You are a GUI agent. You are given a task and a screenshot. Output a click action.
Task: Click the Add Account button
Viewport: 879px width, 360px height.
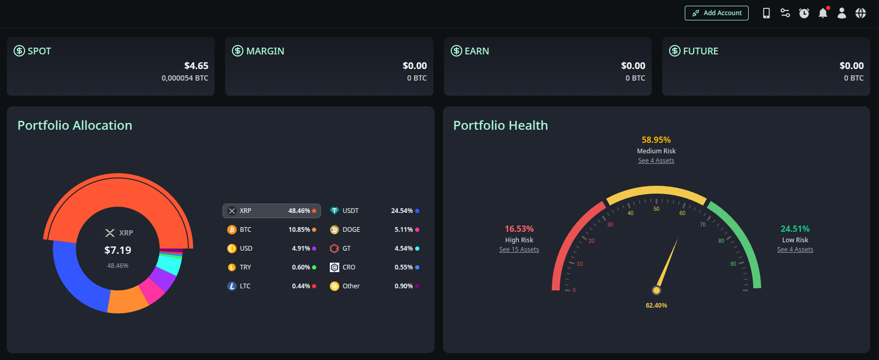pos(716,13)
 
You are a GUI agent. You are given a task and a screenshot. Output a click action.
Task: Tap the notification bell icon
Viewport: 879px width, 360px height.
pos(823,13)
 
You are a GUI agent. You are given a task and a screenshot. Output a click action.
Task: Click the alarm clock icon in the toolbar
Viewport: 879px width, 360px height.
pos(804,13)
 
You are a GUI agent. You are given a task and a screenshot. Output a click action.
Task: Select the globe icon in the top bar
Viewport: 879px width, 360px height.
pos(861,13)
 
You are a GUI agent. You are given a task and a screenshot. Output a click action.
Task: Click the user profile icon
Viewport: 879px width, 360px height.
pos(842,13)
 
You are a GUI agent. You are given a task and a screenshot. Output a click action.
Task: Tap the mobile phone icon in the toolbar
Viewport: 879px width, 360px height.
pos(766,13)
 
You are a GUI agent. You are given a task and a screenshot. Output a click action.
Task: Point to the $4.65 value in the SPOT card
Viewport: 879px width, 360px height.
pos(196,66)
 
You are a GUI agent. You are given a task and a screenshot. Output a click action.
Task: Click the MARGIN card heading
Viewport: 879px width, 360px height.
pos(265,51)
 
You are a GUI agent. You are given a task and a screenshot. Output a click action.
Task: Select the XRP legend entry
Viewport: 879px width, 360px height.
pos(271,211)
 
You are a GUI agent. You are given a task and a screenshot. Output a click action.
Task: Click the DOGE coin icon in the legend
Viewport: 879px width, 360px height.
pos(335,230)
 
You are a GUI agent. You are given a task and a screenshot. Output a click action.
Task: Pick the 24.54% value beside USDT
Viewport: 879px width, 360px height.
pos(402,211)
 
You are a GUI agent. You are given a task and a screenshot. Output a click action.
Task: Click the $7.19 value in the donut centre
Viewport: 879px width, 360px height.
pos(118,250)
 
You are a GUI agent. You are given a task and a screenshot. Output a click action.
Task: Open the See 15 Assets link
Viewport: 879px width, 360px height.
pos(519,250)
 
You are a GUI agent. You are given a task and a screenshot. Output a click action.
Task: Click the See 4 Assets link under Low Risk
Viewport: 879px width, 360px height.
pos(795,250)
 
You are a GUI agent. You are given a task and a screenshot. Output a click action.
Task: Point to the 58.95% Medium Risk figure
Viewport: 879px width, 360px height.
pos(656,140)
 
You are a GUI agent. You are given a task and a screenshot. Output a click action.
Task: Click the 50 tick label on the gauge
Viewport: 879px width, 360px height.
pos(657,209)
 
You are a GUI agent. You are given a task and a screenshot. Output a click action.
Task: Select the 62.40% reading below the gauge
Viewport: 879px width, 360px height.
pos(657,306)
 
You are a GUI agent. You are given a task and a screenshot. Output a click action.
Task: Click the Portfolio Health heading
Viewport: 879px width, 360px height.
pos(500,126)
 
